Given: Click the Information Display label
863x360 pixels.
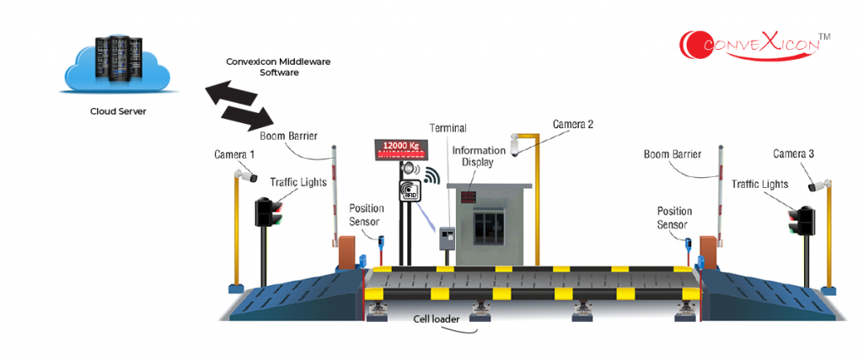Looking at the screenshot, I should point(478,156).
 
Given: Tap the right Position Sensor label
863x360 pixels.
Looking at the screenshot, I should point(674,218).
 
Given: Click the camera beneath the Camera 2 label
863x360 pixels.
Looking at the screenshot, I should point(518,145).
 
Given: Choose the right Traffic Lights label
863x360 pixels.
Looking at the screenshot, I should point(759,184).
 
